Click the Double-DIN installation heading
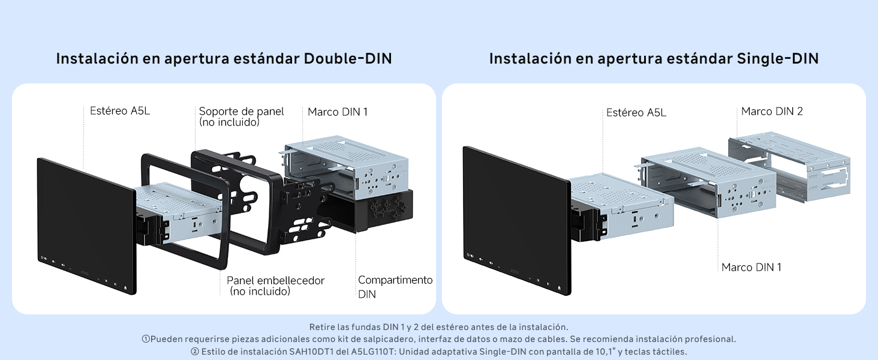pyautogui.click(x=224, y=58)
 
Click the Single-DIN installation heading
pyautogui.click(x=654, y=58)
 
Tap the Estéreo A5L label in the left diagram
pyautogui.click(x=120, y=110)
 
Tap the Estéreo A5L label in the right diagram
pyautogui.click(x=636, y=113)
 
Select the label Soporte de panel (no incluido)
pyautogui.click(x=241, y=116)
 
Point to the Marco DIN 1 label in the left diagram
pyautogui.click(x=338, y=112)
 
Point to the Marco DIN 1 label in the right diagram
pyautogui.click(x=751, y=267)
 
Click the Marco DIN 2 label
pyautogui.click(x=772, y=112)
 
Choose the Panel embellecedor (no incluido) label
pyautogui.click(x=275, y=286)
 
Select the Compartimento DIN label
pyautogui.click(x=395, y=287)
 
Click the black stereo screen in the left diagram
pyautogui.click(x=86, y=226)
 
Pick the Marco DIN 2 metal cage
pyautogui.click(x=789, y=167)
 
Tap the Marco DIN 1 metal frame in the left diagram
pyautogui.click(x=345, y=167)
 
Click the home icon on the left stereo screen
pyautogui.click(x=125, y=287)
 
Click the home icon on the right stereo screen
pyautogui.click(x=559, y=288)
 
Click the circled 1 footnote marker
pyautogui.click(x=146, y=339)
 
